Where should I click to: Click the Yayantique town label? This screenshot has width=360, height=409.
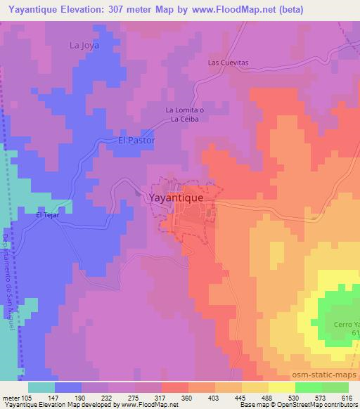176,198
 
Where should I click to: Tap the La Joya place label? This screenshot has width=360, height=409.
84,46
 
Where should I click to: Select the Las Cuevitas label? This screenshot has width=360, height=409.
229,63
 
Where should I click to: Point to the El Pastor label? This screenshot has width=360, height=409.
136,141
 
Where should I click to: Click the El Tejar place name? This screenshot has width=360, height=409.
46,216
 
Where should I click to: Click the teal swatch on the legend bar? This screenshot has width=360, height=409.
41,387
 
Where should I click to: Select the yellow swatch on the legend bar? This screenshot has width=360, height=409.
282,387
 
